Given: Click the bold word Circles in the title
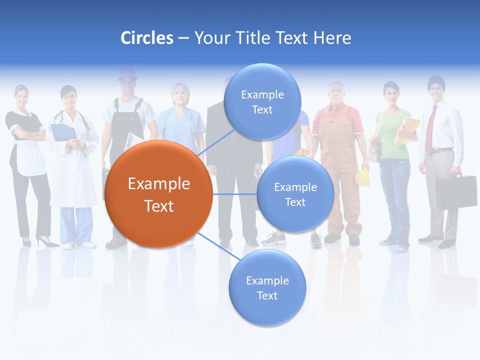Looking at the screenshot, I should pyautogui.click(x=146, y=38).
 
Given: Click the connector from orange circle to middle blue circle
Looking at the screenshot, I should pyautogui.click(x=234, y=194).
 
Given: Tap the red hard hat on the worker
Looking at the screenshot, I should pyautogui.click(x=127, y=74).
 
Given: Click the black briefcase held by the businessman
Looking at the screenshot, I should pyautogui.click(x=456, y=191).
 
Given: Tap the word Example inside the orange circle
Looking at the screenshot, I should pyautogui.click(x=158, y=184).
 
